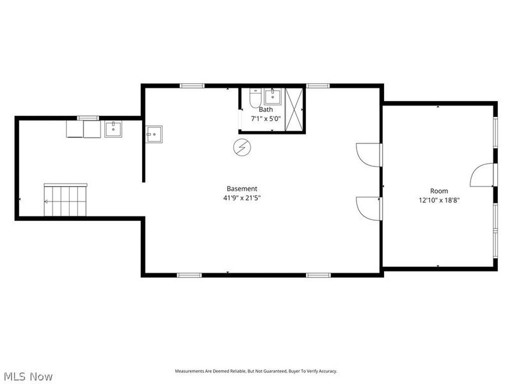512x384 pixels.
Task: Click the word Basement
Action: click(242, 189)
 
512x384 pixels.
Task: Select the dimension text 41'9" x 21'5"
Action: click(242, 198)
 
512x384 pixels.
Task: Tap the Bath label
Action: click(266, 109)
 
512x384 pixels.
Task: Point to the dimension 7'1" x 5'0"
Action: click(266, 118)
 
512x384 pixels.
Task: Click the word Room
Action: click(439, 191)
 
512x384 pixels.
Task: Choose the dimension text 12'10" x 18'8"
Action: click(439, 200)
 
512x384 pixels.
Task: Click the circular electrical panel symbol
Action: click(242, 147)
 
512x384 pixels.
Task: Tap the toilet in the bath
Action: click(253, 100)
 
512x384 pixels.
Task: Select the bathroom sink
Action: click(272, 97)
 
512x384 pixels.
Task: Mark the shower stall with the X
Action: click(294, 109)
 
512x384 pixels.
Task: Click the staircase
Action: click(65, 200)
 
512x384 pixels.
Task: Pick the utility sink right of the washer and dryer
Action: click(113, 129)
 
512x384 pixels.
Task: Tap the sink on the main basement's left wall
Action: click(154, 134)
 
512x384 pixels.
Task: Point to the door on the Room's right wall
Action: click(483, 175)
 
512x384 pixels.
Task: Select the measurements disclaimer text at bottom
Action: click(256, 371)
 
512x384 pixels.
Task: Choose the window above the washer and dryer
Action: click(88, 118)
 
